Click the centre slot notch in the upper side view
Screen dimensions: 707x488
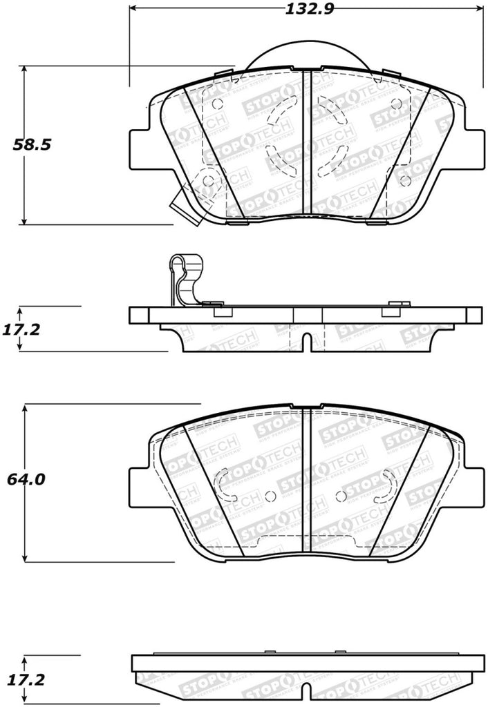tap(304, 341)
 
